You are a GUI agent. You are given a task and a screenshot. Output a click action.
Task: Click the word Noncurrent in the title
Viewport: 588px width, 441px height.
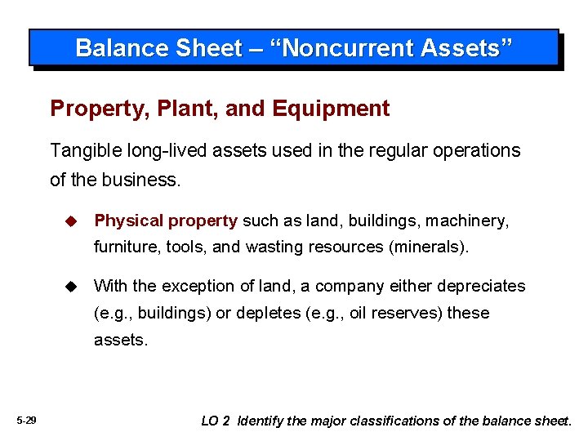(x=351, y=48)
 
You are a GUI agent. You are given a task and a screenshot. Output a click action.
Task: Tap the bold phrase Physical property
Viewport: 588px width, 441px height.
(x=166, y=221)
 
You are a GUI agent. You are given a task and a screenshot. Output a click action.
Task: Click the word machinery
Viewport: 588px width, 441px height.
(x=472, y=221)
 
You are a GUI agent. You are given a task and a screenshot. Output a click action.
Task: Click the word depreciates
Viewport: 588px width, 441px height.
(x=481, y=287)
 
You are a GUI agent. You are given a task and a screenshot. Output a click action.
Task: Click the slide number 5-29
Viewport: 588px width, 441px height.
(x=26, y=421)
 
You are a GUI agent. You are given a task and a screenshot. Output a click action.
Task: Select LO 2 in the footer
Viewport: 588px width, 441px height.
(x=215, y=421)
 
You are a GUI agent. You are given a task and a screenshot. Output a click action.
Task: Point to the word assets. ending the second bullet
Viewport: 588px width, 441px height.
(x=121, y=339)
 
